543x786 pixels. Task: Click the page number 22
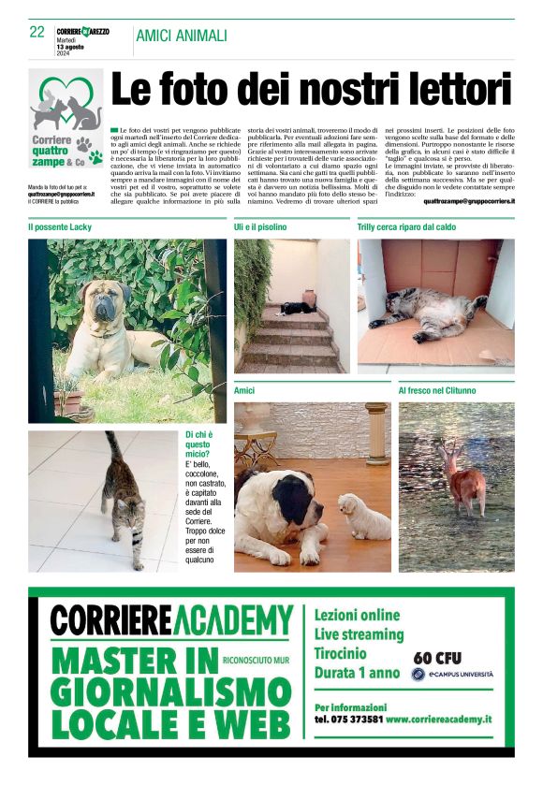(37, 32)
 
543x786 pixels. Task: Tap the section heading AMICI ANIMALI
(182, 36)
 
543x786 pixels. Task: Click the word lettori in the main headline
(446, 91)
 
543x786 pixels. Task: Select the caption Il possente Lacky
(60, 227)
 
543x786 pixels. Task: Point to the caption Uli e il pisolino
(260, 227)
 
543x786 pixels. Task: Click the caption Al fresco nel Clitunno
(437, 390)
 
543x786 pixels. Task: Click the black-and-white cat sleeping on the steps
(299, 307)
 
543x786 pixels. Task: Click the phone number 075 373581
(348, 720)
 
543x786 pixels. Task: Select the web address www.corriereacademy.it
(438, 720)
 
